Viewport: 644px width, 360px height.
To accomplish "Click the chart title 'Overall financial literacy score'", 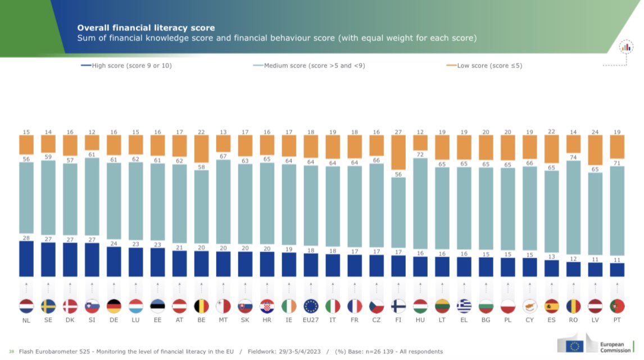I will pos(146,28).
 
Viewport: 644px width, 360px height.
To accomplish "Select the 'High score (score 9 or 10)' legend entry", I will pos(126,66).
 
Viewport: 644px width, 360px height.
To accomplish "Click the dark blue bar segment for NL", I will pos(26,259).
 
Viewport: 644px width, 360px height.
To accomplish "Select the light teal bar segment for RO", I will pos(574,208).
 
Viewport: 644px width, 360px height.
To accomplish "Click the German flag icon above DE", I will pos(114,306).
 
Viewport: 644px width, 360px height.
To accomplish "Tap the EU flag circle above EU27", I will pos(311,306).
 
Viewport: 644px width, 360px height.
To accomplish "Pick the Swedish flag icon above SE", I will pos(48,306).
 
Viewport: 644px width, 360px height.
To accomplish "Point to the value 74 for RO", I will pos(573,157).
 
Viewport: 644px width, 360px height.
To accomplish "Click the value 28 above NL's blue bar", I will pos(26,238).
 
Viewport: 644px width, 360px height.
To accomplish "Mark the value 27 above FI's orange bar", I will pos(398,131).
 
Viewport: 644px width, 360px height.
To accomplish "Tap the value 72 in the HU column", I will pos(420,154).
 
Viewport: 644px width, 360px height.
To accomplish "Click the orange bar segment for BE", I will pos(202,151).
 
